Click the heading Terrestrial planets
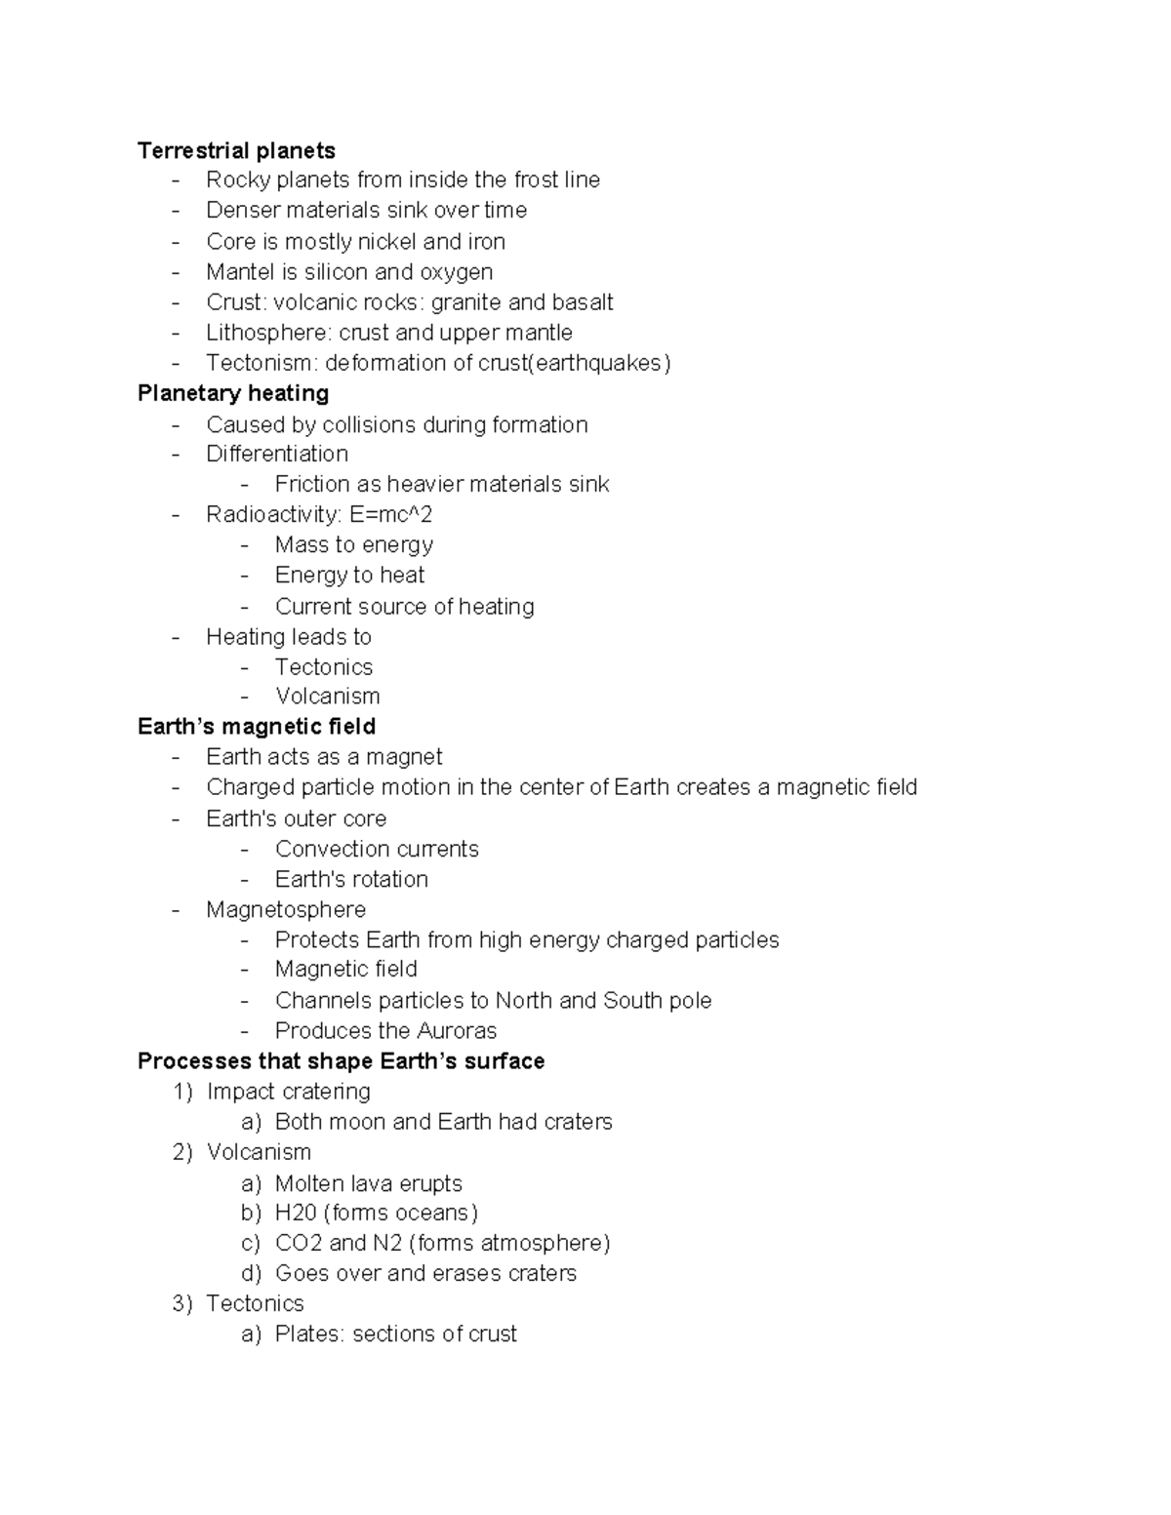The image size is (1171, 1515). (236, 150)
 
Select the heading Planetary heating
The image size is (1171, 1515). (233, 393)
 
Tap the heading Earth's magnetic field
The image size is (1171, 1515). (257, 727)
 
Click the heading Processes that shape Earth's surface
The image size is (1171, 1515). (341, 1061)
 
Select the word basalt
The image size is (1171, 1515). (582, 302)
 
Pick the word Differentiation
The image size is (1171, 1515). (277, 454)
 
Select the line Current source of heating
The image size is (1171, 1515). (404, 607)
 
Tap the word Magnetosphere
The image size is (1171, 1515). (286, 909)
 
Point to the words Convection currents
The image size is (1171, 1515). (377, 849)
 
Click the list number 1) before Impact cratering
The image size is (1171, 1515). (182, 1092)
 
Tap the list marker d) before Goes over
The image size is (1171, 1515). (251, 1273)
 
